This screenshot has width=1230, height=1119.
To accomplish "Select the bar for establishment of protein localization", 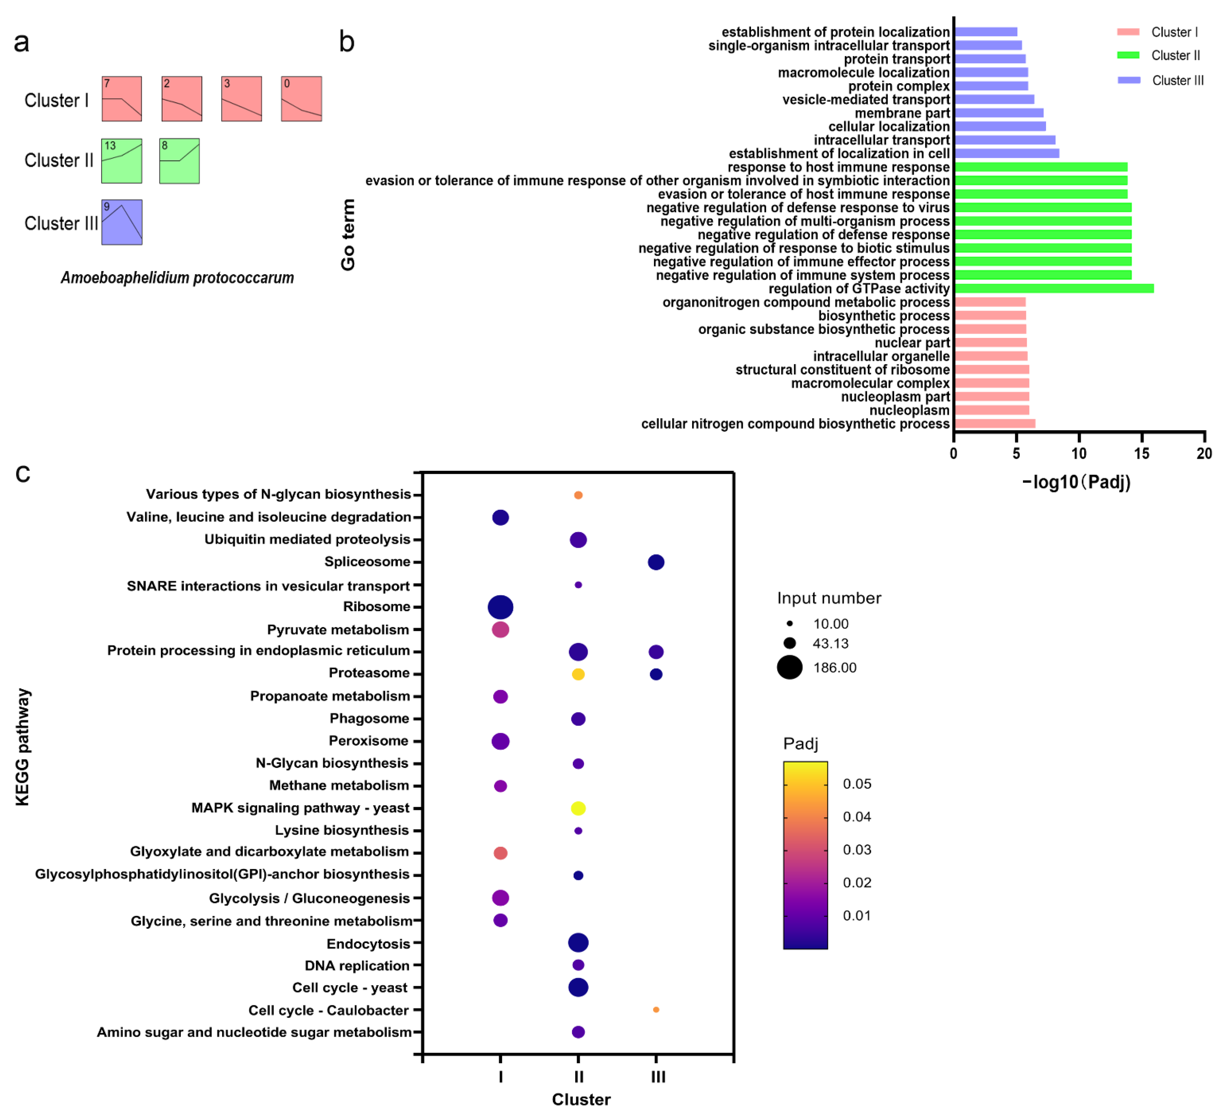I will pos(985,32).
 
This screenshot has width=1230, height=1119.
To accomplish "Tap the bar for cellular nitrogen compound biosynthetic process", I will pos(994,424).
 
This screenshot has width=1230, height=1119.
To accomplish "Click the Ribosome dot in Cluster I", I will pos(500,607).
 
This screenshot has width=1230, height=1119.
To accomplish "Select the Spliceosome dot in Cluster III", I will pos(656,562).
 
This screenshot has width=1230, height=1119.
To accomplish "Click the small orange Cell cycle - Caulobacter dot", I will pos(656,1010).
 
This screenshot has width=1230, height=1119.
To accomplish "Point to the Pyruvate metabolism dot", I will pos(500,629).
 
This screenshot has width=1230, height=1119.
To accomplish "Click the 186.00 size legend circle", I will pos(789,667).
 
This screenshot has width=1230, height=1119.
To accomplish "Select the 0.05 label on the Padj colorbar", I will pos(857,784).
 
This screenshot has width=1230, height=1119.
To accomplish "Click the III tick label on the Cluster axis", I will pos(658,1077).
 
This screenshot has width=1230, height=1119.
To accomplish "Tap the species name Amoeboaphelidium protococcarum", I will pos(177,278).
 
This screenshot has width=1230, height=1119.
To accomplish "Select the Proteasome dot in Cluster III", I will pos(656,674).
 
